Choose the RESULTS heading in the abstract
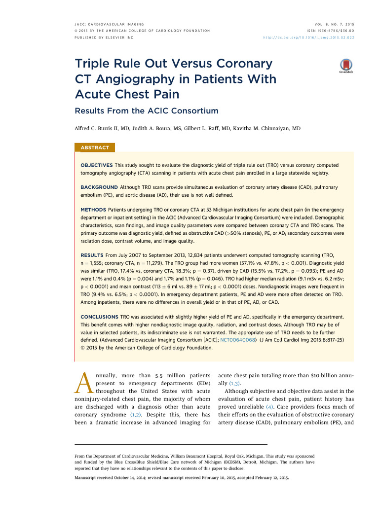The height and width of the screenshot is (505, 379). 91,255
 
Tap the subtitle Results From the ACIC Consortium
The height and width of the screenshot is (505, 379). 146,110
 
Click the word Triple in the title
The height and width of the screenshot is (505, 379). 95,64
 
